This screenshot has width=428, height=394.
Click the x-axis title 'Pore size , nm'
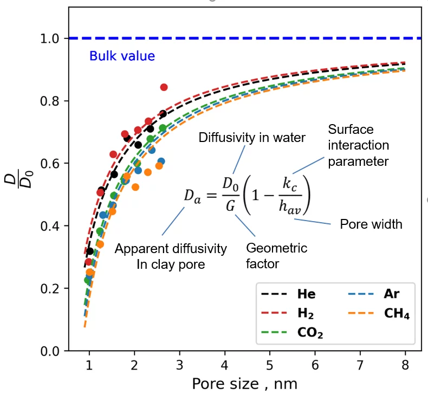244,383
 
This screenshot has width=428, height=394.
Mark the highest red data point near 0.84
164,87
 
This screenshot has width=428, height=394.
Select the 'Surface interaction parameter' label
358,145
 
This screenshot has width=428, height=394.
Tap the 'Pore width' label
371,224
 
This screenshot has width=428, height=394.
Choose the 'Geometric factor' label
276,256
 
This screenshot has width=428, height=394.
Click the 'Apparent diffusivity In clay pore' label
171,256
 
